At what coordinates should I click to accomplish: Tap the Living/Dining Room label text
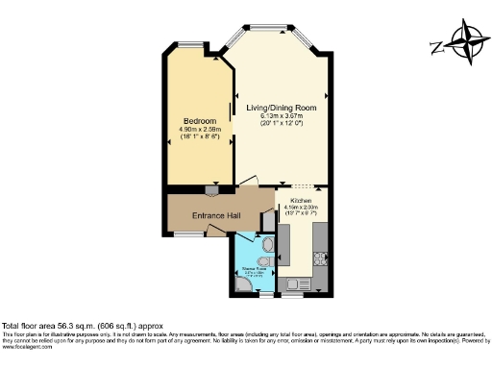[x=282, y=108]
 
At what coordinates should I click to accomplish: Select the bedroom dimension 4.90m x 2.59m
[x=199, y=130]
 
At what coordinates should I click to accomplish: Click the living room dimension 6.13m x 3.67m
[x=282, y=116]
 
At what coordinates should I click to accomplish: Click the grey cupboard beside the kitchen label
[x=268, y=220]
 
